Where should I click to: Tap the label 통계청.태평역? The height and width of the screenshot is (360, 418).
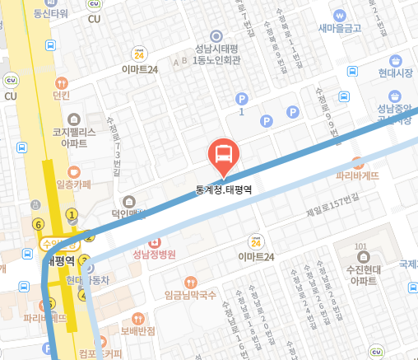coord(223,189)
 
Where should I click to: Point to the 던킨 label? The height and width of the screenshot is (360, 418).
coord(62,96)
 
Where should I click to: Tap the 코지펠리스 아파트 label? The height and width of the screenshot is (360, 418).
coord(72,137)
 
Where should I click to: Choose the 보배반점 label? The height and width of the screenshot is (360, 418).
coord(137,331)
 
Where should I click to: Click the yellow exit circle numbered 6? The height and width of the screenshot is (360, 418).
coord(37,223)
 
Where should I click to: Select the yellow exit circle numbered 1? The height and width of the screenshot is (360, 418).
coord(72,215)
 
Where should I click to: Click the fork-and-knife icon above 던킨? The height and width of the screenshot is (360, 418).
coord(62,82)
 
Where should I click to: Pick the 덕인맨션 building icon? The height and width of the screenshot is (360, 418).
coord(129,201)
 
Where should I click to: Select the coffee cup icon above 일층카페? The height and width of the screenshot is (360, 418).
coord(74,171)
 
